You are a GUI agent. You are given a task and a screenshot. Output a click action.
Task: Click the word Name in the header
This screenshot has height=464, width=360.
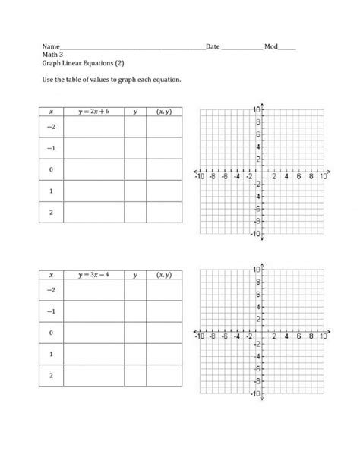[x=49, y=47]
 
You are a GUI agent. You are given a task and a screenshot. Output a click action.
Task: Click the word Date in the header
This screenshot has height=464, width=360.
[x=213, y=47]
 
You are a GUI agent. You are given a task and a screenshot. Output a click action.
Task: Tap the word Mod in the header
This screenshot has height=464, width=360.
[x=271, y=47]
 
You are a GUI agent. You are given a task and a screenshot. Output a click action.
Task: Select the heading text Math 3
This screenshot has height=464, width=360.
[x=52, y=55]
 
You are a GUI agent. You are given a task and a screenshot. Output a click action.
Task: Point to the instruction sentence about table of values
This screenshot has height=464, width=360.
[x=112, y=79]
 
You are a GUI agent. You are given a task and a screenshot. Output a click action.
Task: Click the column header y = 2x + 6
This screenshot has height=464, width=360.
[x=93, y=112]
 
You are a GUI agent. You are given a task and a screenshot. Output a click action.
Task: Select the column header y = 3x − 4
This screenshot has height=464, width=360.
[x=93, y=275]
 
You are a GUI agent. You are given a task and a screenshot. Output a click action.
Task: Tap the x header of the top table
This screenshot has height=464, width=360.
[x=51, y=112]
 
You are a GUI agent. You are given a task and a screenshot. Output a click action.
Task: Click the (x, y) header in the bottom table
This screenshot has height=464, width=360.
[x=163, y=275]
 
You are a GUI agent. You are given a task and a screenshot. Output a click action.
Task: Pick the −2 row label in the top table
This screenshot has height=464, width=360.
[x=51, y=127]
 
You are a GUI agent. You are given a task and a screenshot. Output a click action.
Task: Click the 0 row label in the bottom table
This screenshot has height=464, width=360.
[x=51, y=333]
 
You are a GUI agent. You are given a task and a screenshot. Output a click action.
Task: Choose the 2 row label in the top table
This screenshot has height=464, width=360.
[x=51, y=212]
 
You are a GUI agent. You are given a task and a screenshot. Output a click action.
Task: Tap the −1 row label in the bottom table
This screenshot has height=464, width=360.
[x=51, y=311]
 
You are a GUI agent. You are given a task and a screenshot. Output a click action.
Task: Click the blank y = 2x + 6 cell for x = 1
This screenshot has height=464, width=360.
[x=93, y=191]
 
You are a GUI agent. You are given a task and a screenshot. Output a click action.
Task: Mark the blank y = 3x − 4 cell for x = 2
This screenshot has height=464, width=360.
[x=93, y=375]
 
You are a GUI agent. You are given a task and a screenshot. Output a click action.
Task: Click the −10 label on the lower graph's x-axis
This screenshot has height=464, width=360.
[x=201, y=336]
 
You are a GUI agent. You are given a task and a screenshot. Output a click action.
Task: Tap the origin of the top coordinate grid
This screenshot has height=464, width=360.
[x=261, y=171]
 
